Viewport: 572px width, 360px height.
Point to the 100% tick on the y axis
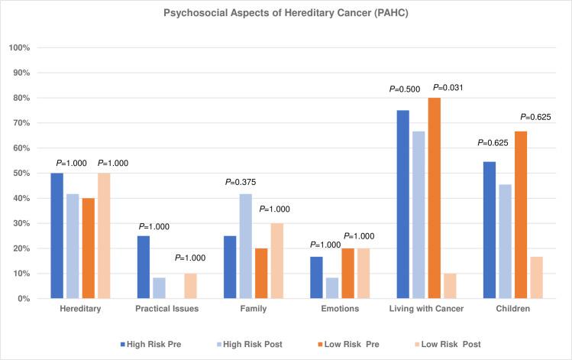[x=19, y=48]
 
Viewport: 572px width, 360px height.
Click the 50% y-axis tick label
[x=21, y=174]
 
